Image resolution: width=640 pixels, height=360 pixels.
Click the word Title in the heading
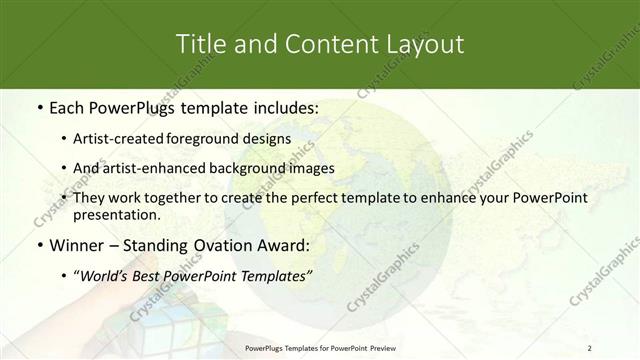tap(199, 45)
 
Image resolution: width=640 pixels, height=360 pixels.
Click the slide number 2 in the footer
tap(590, 347)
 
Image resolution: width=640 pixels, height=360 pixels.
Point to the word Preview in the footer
tap(370, 347)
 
